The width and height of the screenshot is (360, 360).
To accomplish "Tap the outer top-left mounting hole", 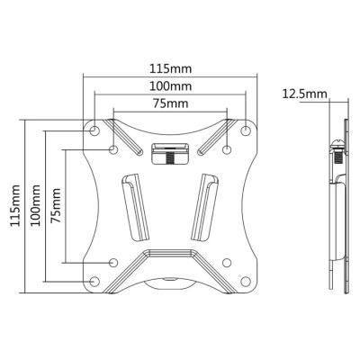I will click(x=95, y=131).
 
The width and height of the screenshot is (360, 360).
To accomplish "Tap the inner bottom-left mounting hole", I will click(x=114, y=262).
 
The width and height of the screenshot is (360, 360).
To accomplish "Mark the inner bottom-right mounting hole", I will click(x=227, y=262).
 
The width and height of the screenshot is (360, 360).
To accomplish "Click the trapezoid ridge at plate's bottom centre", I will click(x=170, y=266).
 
